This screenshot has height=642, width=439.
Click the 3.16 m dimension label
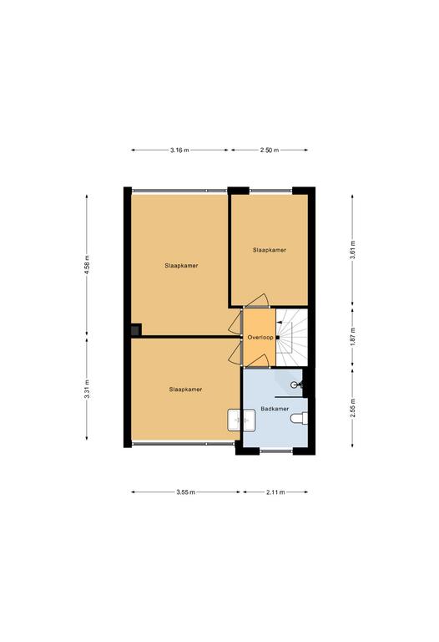pos(179,150)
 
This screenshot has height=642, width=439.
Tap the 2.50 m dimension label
pos(270,150)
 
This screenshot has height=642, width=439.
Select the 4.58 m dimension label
pos(87,265)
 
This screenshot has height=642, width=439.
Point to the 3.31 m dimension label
pos(87,390)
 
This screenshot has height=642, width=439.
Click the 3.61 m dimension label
pos(352,250)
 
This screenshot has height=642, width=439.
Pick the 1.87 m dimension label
pos(352,337)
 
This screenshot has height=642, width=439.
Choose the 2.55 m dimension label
pos(352,408)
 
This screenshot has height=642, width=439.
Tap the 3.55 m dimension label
pos(185,492)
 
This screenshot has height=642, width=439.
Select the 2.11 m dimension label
pos(275,492)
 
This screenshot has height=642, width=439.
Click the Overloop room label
pos(260,338)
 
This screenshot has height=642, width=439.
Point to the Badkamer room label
pos(275,409)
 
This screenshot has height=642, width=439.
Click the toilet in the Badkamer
pos(299,419)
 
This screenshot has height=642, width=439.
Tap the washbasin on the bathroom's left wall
pos(241,420)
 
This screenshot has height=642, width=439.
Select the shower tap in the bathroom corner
pos(297,385)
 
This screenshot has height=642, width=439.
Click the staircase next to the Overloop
pos(291,338)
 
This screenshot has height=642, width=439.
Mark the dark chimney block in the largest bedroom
pos(136,329)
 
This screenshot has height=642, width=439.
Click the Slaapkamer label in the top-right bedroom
pos(270,250)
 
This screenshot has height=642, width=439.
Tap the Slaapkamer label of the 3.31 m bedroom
pos(185,390)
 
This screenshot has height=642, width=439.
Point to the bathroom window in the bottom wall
pos(276,451)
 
